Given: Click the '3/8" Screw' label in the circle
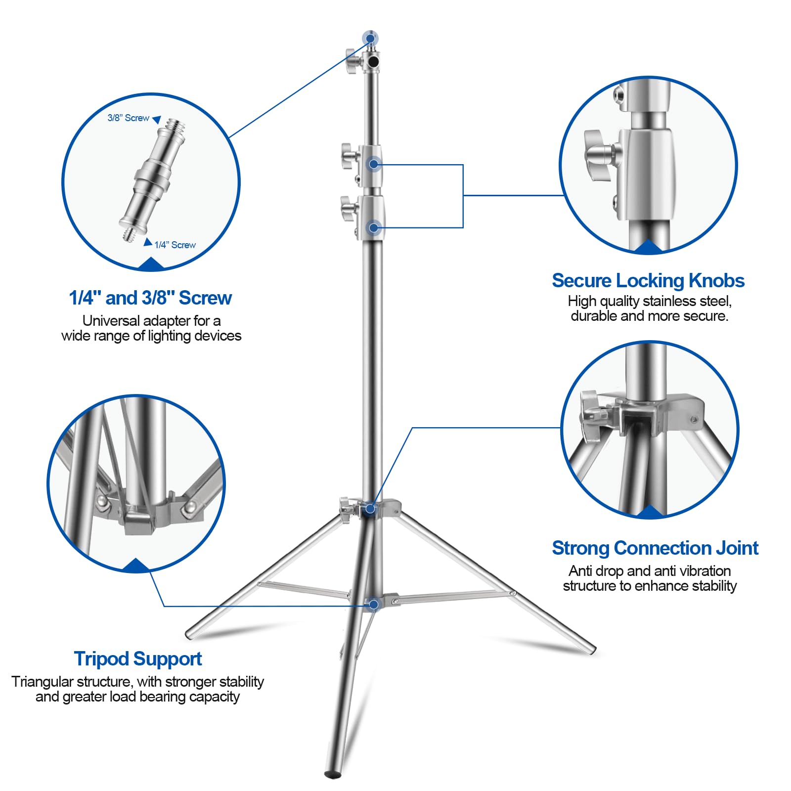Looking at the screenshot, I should tap(128, 118).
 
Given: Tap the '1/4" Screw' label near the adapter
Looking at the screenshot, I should tap(175, 245).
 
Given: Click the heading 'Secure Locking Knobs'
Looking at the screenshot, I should tap(648, 280).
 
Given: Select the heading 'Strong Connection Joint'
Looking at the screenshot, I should tap(655, 548).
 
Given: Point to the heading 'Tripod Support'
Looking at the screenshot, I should tap(138, 659).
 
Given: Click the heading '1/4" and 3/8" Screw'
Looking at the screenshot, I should tap(150, 298).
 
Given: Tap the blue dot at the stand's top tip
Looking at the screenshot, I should tap(370, 38).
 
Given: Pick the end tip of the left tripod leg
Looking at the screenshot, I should tap(189, 634).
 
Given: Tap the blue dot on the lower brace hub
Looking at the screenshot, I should tap(374, 604).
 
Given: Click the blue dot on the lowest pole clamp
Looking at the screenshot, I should tap(374, 228).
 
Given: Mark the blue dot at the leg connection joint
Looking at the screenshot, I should tap(370, 508).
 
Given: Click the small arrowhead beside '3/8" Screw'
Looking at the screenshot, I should tap(157, 119).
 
